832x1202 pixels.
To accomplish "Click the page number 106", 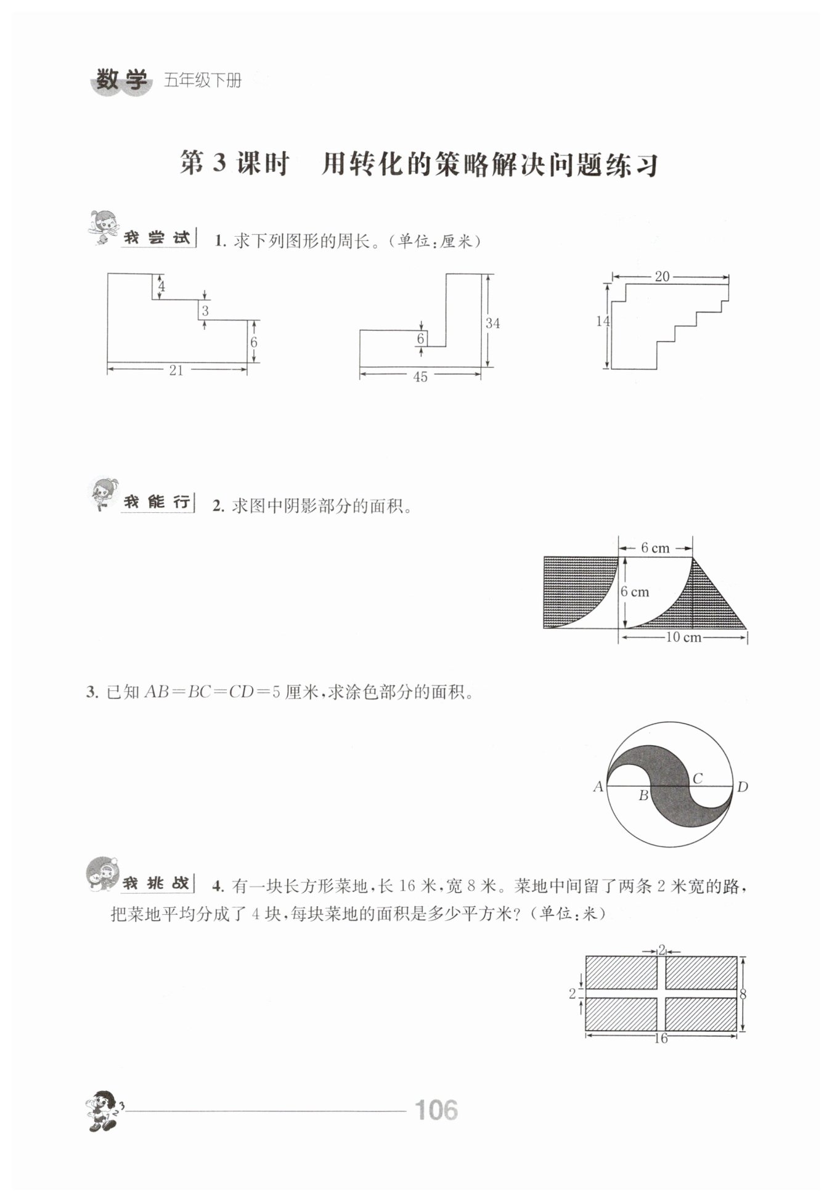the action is pos(436,1110).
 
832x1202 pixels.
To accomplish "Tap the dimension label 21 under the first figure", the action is pos(176,370).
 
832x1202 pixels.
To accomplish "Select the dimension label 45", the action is pos(420,377).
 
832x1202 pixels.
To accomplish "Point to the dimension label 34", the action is pos(492,323).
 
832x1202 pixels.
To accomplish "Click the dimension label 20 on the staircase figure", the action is pos(662,277).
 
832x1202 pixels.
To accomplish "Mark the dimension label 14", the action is pos(603,321).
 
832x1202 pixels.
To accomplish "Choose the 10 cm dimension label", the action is pos(683,637).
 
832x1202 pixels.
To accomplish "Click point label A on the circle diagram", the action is pos(598,787).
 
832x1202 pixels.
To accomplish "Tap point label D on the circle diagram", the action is pos(743,787).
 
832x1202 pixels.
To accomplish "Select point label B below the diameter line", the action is pos(643,796).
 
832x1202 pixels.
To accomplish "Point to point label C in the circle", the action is pos(698,779).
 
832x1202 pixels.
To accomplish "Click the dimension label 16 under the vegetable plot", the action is pos(661,1039).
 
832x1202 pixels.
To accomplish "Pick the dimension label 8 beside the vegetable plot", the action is pos(743,994).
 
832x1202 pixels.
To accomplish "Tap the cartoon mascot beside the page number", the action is pos(104,1110).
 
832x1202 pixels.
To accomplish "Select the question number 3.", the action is pos(91,692).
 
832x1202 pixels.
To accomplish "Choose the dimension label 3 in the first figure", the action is pos(205,311).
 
